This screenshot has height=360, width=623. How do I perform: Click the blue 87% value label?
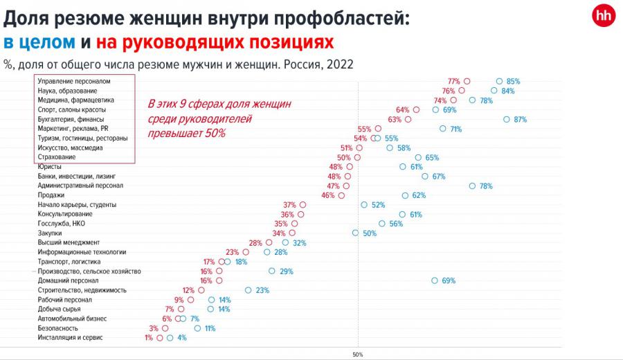tap(521, 119)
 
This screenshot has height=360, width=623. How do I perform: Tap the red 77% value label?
tap(454, 81)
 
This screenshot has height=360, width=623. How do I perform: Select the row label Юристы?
tap(50, 167)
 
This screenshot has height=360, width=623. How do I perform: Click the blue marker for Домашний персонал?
tap(435, 280)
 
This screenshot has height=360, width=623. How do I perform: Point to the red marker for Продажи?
tap(341, 195)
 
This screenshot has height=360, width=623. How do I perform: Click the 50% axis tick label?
tap(358, 354)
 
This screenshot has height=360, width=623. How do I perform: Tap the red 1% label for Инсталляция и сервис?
tap(149, 338)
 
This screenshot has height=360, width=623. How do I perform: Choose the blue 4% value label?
tap(182, 338)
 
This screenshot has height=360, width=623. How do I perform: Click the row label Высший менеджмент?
tap(69, 242)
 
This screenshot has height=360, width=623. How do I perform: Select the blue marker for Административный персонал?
tap(472, 186)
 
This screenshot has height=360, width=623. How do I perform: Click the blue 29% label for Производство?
tap(287, 271)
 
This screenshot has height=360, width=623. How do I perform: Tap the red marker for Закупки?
tap(292, 233)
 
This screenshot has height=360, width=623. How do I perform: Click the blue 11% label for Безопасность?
tap(210, 328)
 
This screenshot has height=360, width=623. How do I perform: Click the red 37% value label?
tap(289, 205)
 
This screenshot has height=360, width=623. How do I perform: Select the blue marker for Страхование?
tap(418, 157)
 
